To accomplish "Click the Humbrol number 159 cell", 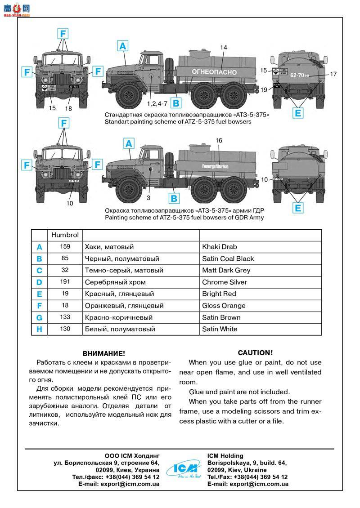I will [x=65, y=247].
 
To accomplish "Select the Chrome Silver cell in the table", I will [x=225, y=282].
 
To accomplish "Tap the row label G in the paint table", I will [x=39, y=317].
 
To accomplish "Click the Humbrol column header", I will [x=65, y=235].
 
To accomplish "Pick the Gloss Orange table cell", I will [x=224, y=306].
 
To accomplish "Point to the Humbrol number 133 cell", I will [x=65, y=317].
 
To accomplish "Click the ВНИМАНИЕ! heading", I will [x=103, y=354].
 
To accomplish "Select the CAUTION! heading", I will [x=255, y=353].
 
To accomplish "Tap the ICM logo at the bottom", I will [x=183, y=470].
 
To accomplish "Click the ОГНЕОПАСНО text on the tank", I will [x=214, y=72].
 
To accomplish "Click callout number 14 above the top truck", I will [x=224, y=48].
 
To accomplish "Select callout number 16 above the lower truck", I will [x=219, y=141].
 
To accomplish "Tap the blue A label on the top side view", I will [x=123, y=45].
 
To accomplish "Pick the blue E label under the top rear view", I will [x=297, y=113].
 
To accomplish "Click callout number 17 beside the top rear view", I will [x=333, y=74].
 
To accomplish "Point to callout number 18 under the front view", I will [x=68, y=108].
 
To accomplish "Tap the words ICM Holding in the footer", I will [x=225, y=456].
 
